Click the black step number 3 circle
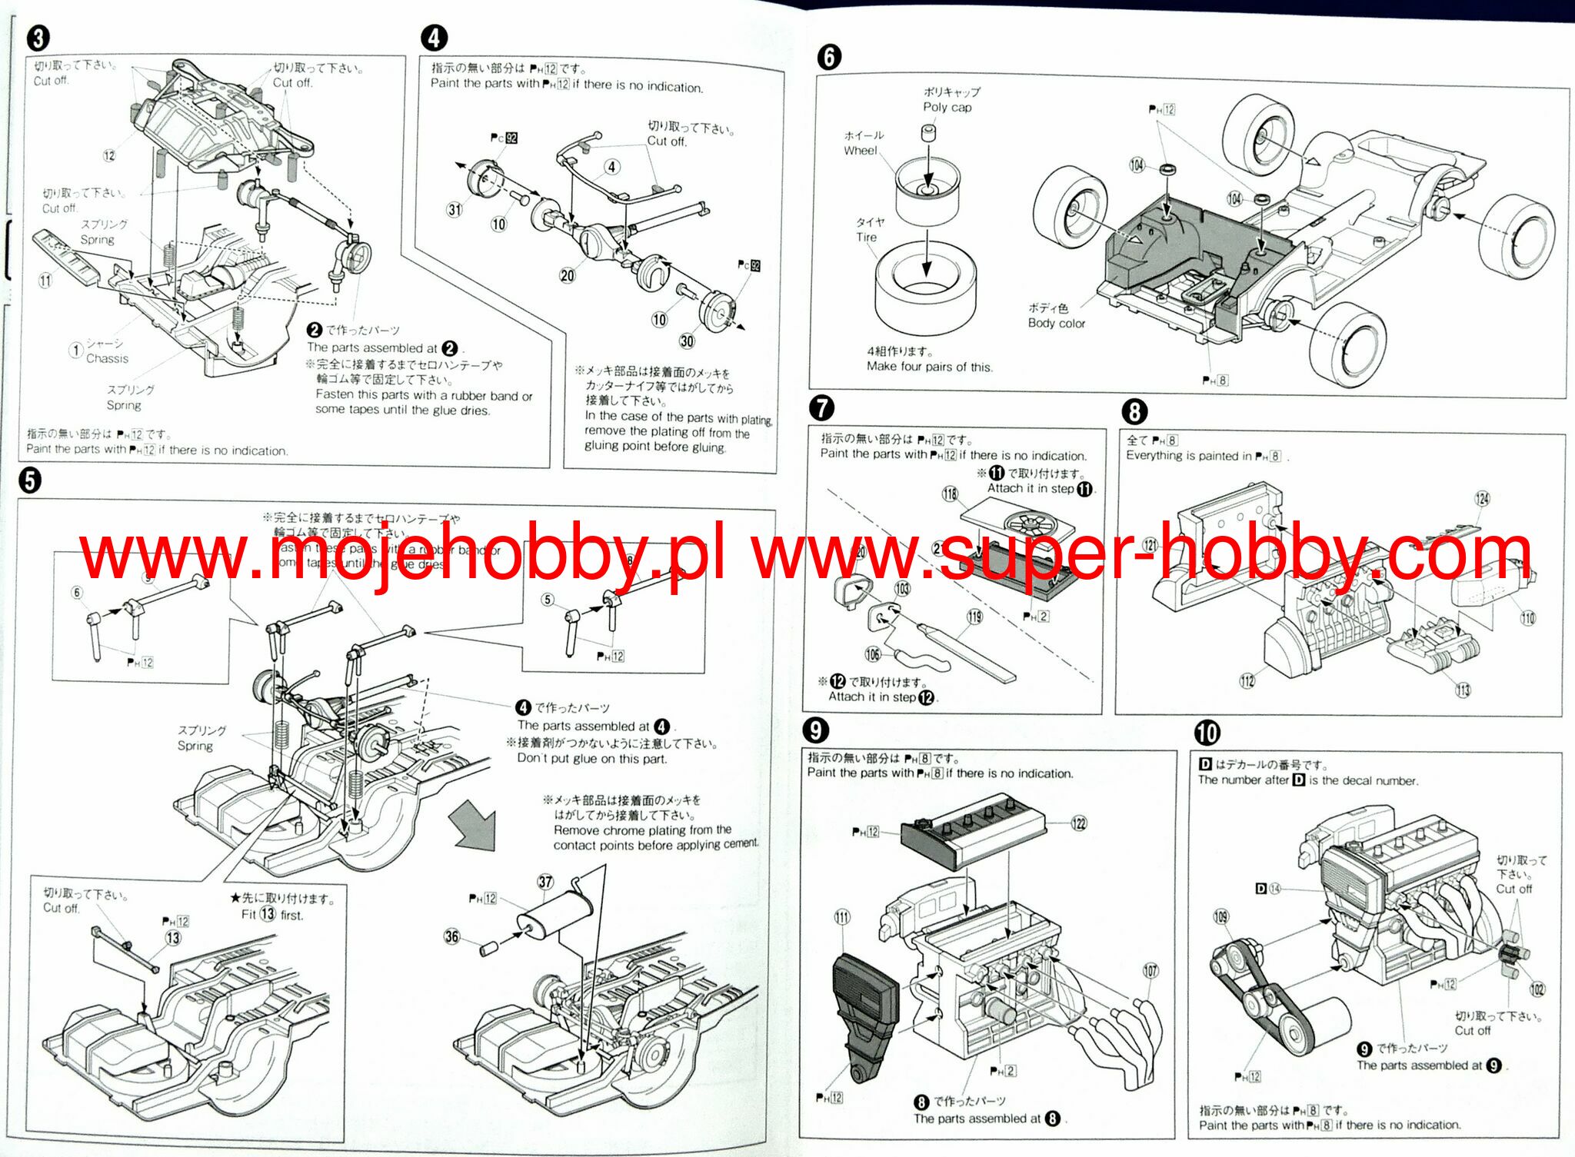38,38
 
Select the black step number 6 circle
828,56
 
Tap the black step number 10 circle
1207,732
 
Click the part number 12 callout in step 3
109,155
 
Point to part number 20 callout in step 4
567,275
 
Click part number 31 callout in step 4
455,209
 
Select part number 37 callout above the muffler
545,882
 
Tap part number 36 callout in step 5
451,936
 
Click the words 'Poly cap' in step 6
947,108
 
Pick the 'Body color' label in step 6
1056,324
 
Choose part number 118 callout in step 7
950,494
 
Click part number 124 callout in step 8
1482,498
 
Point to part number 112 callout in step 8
1247,680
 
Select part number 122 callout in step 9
1079,823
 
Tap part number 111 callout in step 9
842,916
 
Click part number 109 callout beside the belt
1220,916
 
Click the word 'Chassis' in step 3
107,359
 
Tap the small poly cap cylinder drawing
928,134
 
